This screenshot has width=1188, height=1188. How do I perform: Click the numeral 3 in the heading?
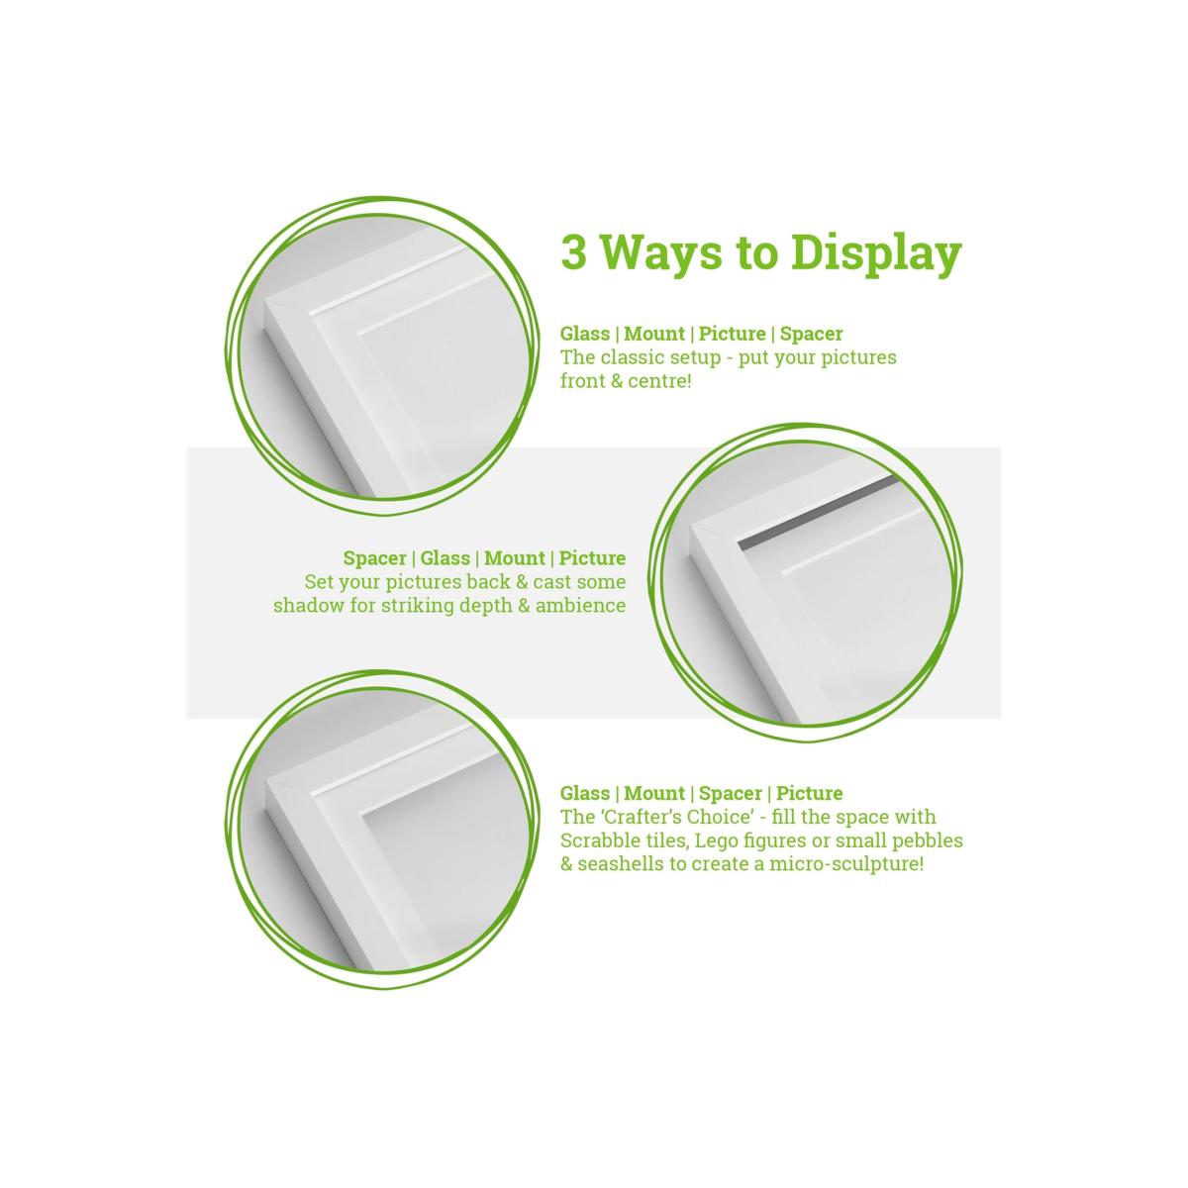pyautogui.click(x=573, y=252)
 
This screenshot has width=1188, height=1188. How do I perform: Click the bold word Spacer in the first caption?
pyautogui.click(x=811, y=334)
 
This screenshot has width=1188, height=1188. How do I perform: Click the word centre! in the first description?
pyautogui.click(x=659, y=381)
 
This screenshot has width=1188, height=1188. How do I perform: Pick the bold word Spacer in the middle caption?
pyautogui.click(x=375, y=558)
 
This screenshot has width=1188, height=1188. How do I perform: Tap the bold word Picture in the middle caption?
pyautogui.click(x=592, y=558)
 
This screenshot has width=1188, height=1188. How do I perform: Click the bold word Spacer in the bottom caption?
pyautogui.click(x=730, y=793)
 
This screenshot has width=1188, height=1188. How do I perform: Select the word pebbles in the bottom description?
pyautogui.click(x=927, y=841)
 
